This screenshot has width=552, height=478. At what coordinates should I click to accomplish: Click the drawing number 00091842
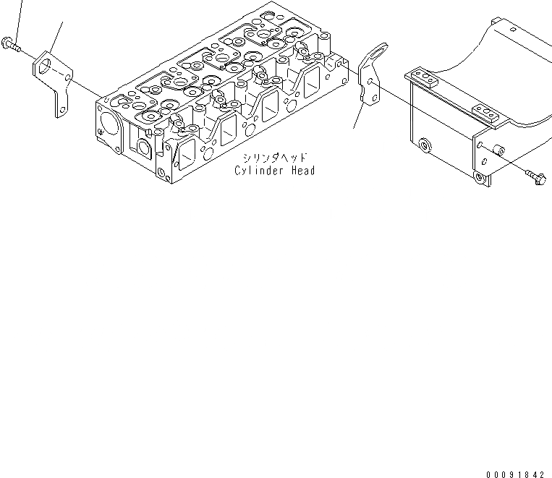point(515,474)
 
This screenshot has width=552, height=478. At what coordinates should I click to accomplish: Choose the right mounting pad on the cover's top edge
point(487,112)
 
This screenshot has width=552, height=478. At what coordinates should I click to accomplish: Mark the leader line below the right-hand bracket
point(357,116)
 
